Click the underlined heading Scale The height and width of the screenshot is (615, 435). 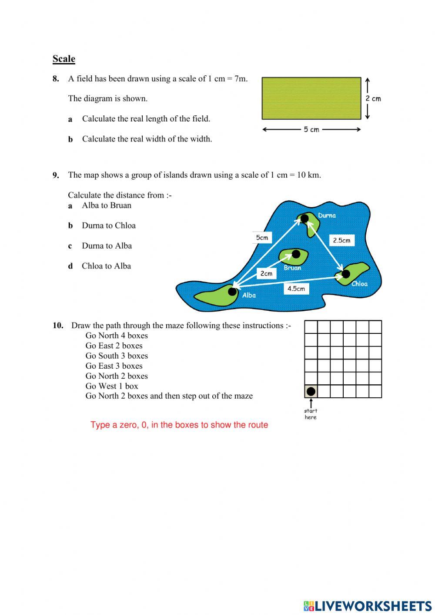click(64, 59)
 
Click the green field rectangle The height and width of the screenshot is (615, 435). click(311, 98)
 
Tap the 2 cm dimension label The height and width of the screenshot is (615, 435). click(373, 98)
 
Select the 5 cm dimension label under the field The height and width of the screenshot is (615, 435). click(311, 129)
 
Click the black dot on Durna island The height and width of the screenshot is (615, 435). click(304, 218)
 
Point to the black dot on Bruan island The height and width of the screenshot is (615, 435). click(296, 254)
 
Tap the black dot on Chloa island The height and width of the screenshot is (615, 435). click(345, 274)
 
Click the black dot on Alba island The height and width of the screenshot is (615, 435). click(233, 291)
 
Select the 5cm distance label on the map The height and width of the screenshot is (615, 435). click(262, 238)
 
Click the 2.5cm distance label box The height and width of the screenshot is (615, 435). click(341, 240)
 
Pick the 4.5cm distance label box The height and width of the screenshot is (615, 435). click(296, 289)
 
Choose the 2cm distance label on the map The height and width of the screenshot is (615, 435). click(266, 273)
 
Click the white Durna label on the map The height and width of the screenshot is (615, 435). click(327, 215)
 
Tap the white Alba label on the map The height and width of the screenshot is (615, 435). click(249, 295)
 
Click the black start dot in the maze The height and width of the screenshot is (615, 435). click(311, 391)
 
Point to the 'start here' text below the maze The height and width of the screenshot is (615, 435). click(311, 414)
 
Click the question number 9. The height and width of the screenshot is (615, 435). click(56, 175)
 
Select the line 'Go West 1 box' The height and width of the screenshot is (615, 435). click(111, 386)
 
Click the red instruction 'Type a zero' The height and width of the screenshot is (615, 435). click(179, 425)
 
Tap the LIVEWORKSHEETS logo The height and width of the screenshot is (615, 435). click(368, 606)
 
